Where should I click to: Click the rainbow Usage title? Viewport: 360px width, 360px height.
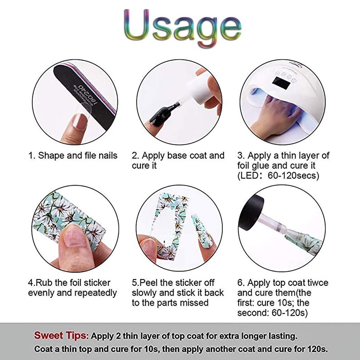183,27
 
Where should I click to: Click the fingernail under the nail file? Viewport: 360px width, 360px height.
80,121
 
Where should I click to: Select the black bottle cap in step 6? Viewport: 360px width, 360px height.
251,213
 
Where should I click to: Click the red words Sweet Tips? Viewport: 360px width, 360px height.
61,335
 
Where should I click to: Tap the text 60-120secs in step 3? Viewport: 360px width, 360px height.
293,175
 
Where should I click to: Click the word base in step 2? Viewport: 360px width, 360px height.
177,156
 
